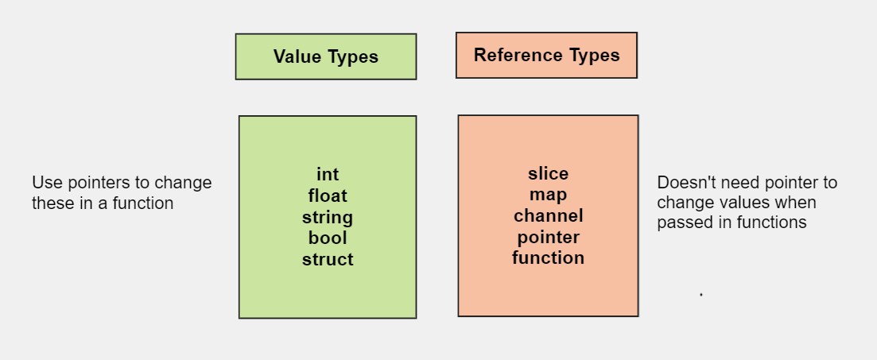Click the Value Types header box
click(x=325, y=56)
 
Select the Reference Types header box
click(x=546, y=55)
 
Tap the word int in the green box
click(x=327, y=175)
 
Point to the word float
click(x=327, y=195)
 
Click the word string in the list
click(x=327, y=217)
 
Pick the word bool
click(x=327, y=238)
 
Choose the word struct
click(x=327, y=259)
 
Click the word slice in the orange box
click(x=548, y=173)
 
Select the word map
click(x=548, y=195)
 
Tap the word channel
click(x=548, y=215)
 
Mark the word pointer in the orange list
click(x=548, y=237)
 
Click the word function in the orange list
click(x=548, y=257)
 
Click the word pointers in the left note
click(x=95, y=184)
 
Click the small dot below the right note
click(x=700, y=294)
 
